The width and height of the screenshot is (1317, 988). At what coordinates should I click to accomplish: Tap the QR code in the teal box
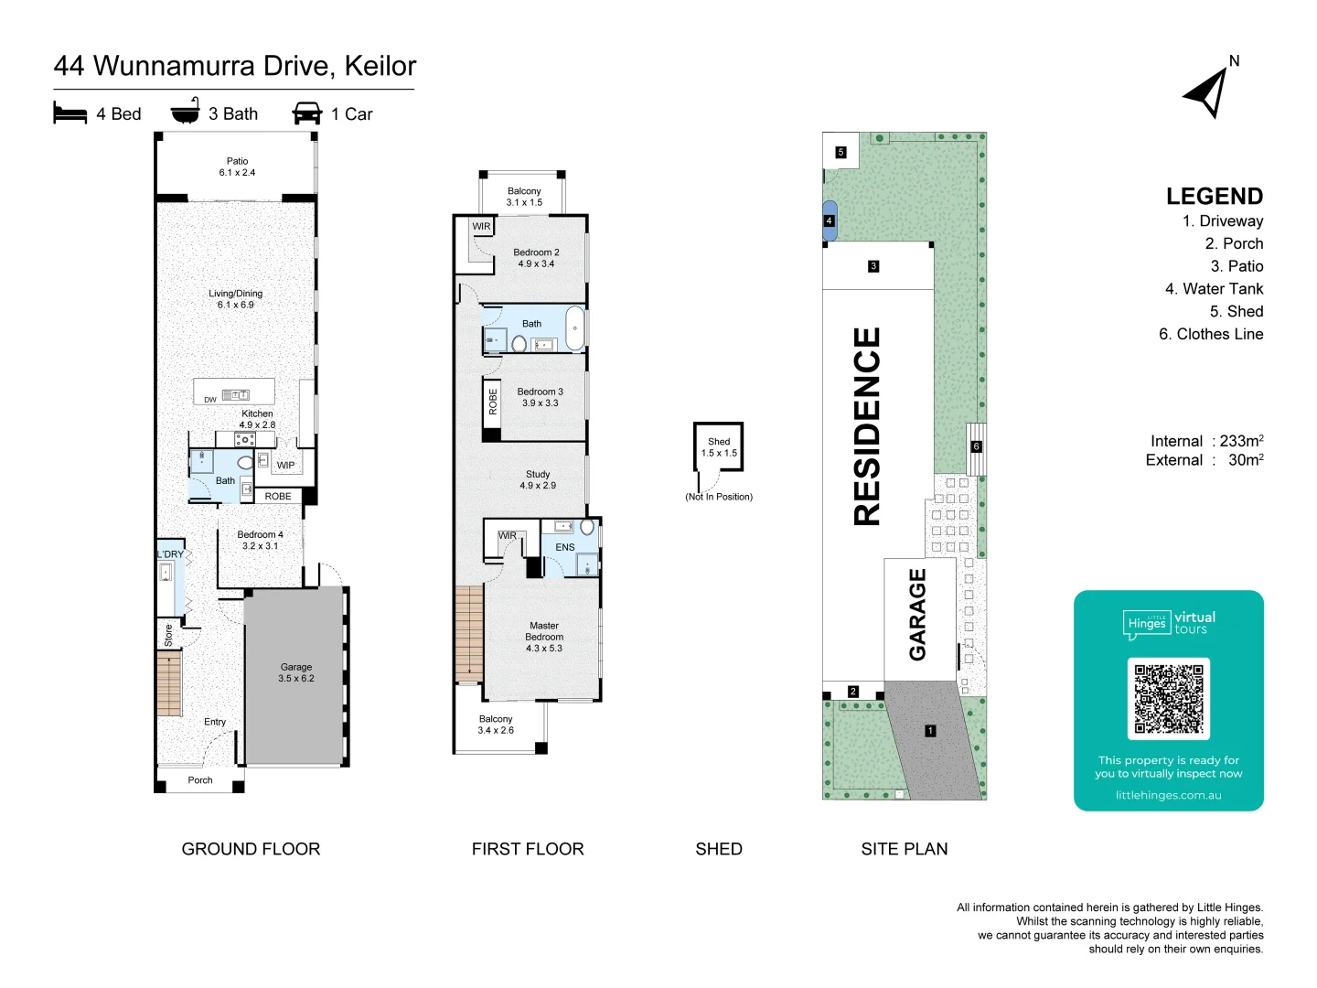pos(1168,699)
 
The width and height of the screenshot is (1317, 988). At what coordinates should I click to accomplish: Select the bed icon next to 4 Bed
pos(70,113)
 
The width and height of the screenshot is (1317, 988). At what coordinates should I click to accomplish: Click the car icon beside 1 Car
pos(307,113)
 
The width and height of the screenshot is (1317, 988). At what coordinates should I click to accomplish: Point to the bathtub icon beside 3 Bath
pos(185,112)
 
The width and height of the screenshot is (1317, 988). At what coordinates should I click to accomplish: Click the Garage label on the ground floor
pos(296,672)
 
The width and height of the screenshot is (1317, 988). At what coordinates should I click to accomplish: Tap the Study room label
pos(538,479)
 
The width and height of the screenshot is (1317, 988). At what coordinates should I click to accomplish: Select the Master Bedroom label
pos(544,637)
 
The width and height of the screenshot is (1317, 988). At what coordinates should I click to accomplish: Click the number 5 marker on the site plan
pos(841,153)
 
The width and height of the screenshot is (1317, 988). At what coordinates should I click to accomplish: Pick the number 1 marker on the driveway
pos(930,731)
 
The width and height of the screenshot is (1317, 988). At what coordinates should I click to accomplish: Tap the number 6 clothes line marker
pos(976,446)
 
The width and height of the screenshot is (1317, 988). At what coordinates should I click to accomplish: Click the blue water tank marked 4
pos(829,220)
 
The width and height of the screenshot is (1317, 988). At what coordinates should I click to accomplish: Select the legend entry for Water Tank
pos(1214,289)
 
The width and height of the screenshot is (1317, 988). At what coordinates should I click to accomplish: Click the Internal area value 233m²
pos(1241,441)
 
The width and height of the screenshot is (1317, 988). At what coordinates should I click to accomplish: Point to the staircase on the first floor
pos(468,633)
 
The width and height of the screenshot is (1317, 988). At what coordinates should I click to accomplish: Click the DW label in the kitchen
pos(210,400)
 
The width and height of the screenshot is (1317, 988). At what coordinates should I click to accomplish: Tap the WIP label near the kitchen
pos(286,465)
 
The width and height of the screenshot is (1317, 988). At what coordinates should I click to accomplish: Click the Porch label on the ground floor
pos(199,780)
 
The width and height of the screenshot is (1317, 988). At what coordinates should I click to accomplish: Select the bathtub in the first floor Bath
pos(574,328)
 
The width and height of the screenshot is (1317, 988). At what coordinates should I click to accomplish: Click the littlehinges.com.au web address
pos(1168,795)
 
